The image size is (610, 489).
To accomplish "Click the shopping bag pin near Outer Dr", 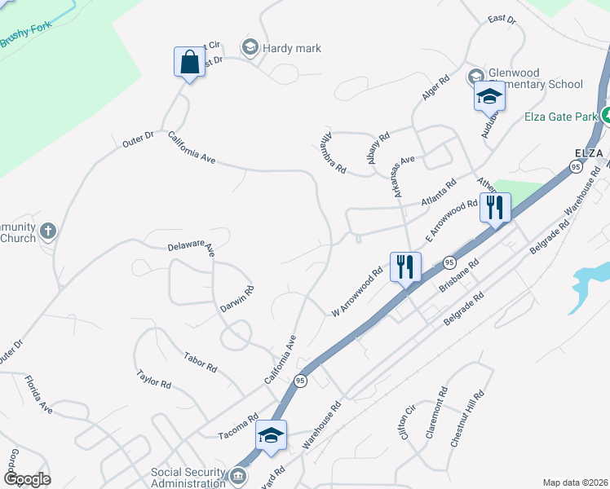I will [189, 63].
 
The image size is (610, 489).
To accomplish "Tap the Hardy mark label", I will [291, 48].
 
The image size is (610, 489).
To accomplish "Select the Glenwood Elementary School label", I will [536, 78].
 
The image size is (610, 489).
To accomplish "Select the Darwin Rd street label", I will [237, 300].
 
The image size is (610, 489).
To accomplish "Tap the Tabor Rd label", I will [201, 363].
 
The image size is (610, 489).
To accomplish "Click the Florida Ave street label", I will [38, 394].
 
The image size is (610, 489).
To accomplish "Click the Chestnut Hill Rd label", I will [467, 417].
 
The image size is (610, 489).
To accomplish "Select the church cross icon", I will [48, 231].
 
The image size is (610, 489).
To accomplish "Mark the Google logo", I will [26, 479].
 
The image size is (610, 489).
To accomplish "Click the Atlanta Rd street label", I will [439, 195].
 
